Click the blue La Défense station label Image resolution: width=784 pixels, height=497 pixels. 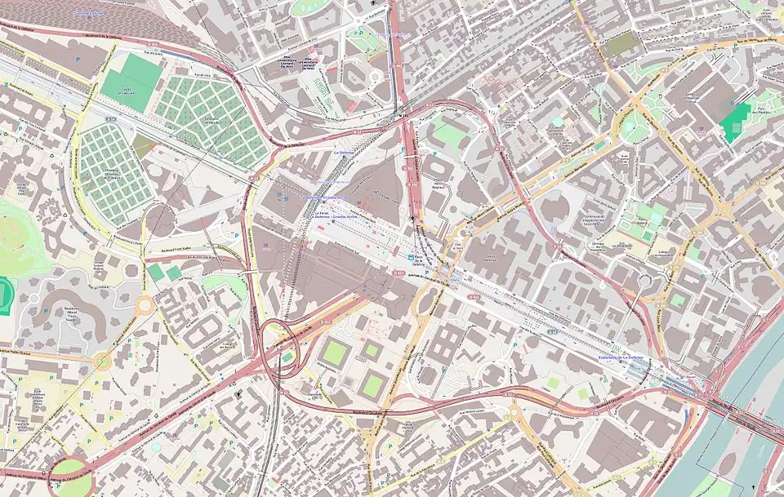344,152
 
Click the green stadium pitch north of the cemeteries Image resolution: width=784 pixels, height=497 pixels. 131,82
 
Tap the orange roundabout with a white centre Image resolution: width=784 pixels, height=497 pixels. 145,305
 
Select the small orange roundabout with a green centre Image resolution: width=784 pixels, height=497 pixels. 103,361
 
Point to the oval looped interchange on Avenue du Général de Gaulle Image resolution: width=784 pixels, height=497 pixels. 278,347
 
